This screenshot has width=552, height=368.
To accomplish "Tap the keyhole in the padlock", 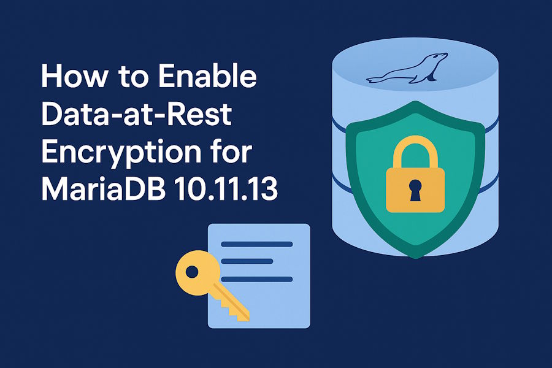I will point(415,190).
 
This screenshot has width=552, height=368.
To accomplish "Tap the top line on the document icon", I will point(256,244).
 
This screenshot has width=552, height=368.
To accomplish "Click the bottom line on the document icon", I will point(256,279).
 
